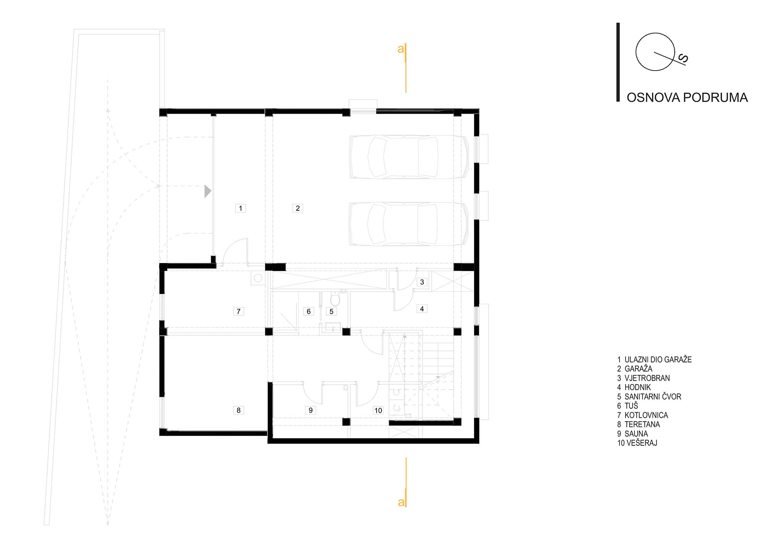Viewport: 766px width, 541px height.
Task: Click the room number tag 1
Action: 240,208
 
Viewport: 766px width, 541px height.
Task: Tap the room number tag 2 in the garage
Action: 298,208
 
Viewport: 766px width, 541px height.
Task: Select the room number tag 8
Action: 239,410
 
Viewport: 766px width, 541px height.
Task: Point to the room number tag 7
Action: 239,311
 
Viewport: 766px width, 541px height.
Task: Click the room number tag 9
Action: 310,410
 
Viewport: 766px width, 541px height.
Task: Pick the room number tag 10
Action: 378,410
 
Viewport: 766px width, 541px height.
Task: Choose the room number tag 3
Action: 422,282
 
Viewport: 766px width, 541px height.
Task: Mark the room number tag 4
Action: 422,309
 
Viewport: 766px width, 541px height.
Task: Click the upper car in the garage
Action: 409,157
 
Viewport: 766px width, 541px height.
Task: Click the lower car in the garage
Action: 409,224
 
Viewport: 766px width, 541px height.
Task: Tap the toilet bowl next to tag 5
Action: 335,299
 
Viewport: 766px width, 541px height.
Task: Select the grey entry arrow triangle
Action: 207,191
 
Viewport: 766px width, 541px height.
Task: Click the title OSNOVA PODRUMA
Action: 687,98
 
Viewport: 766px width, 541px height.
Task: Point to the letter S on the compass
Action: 683,59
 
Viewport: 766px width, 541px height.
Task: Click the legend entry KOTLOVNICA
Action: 646,415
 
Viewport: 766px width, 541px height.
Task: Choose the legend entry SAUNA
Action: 636,434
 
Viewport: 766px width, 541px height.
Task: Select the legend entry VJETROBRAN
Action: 647,378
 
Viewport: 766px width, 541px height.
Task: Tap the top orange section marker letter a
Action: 401,49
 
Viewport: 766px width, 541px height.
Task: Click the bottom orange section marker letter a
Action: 401,502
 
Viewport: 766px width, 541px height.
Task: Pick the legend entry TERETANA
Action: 642,425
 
